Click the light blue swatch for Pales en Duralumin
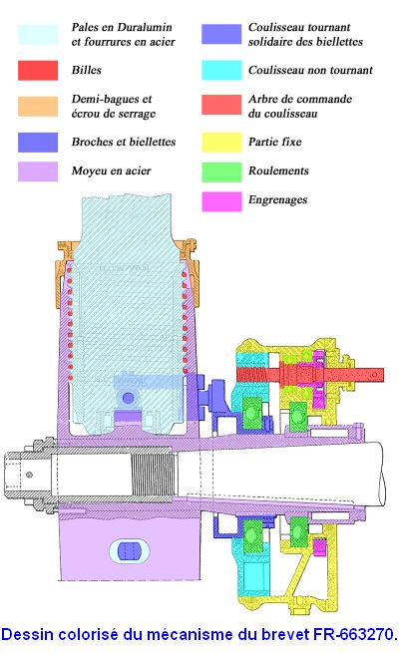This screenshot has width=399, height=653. point(38,35)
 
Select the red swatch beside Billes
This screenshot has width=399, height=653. point(38,71)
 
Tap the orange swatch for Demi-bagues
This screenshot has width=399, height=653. point(38,107)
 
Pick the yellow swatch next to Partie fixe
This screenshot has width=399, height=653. point(221,142)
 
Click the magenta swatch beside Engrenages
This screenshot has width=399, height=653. point(221,201)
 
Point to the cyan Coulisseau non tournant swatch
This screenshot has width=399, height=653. point(221,71)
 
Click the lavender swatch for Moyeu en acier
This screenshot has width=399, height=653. point(38,171)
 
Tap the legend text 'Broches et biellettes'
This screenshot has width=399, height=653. point(124,142)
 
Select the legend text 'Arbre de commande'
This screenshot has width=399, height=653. point(300,99)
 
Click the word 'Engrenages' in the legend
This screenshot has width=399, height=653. point(277,200)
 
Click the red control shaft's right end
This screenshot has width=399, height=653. point(383,375)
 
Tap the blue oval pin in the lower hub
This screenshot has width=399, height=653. point(129,551)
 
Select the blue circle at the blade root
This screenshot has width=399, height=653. point(129,398)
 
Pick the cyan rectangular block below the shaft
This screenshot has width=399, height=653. point(253,577)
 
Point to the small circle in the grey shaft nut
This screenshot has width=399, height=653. point(29,475)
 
